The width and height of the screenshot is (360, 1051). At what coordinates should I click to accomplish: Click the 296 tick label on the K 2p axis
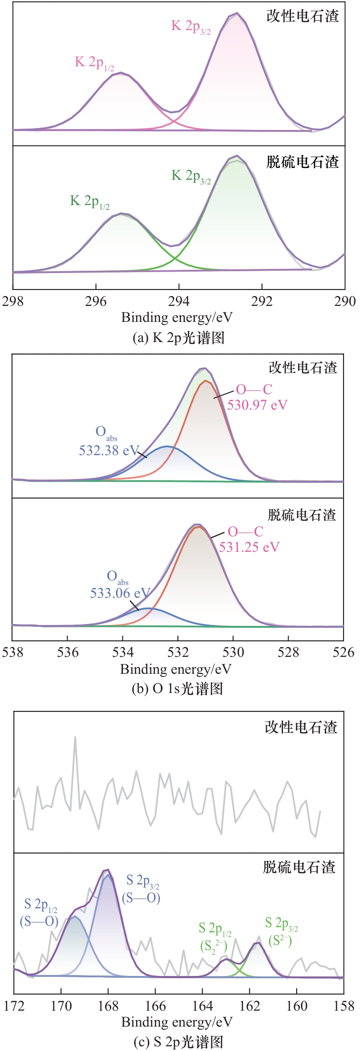(x=96, y=301)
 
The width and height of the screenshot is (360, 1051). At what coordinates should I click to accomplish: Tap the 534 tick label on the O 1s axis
(x=123, y=652)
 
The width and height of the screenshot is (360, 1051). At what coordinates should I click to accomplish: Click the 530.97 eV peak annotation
(x=257, y=405)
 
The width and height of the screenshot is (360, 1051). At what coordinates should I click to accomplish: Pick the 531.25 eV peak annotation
(x=249, y=547)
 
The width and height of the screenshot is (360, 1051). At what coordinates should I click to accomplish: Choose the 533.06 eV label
(x=120, y=593)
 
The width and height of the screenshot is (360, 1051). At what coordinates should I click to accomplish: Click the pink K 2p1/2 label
(x=94, y=63)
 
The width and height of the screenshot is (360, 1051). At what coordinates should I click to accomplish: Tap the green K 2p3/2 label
(x=191, y=176)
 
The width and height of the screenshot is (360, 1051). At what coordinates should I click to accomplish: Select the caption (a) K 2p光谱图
(x=179, y=338)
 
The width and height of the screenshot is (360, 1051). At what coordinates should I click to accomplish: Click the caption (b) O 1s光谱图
(x=177, y=689)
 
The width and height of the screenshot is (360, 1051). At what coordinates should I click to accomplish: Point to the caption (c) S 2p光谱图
(x=178, y=1042)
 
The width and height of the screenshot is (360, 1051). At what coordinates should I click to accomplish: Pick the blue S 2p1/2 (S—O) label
(x=39, y=913)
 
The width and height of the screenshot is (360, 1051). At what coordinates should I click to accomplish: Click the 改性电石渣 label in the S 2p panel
(x=301, y=727)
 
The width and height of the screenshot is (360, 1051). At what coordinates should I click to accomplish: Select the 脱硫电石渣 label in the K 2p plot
(x=303, y=162)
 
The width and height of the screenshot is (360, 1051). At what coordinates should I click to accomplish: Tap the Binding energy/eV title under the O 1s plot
(x=176, y=670)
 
